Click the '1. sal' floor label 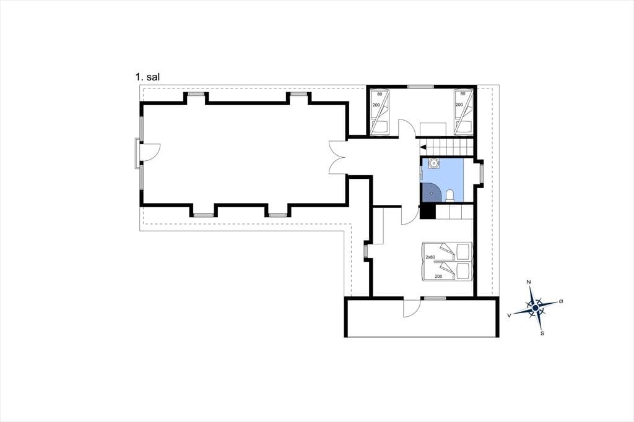point(147,77)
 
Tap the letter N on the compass point(529,282)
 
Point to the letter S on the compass point(542,334)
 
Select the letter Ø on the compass point(561,301)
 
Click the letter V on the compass point(510,314)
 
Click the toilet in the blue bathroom point(449,196)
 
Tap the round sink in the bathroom point(433,163)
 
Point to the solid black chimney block point(427,212)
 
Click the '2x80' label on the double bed point(430,257)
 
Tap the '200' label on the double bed point(438,277)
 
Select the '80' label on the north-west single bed point(380,94)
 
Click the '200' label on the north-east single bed point(459,105)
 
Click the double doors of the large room point(337,157)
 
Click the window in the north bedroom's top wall point(420,87)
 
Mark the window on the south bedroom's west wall point(365,251)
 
